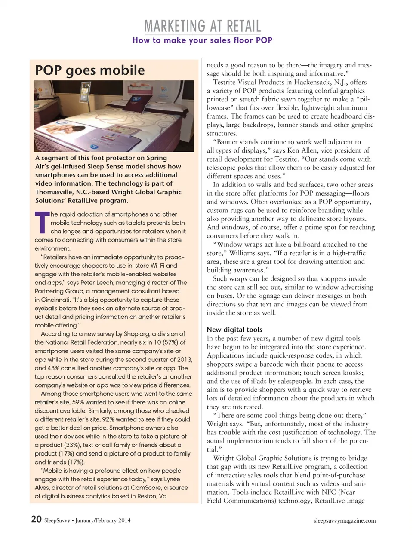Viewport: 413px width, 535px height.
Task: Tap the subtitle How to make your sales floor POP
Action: coord(202,40)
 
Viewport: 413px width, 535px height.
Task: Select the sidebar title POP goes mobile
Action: coord(90,70)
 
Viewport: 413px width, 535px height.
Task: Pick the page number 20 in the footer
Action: coord(36,519)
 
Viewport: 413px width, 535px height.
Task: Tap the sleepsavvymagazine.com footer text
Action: coord(345,520)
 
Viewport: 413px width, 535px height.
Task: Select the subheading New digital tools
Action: coord(234,330)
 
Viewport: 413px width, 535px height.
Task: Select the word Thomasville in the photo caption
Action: coord(53,192)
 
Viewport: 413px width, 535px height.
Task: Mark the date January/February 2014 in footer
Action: coord(103,520)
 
